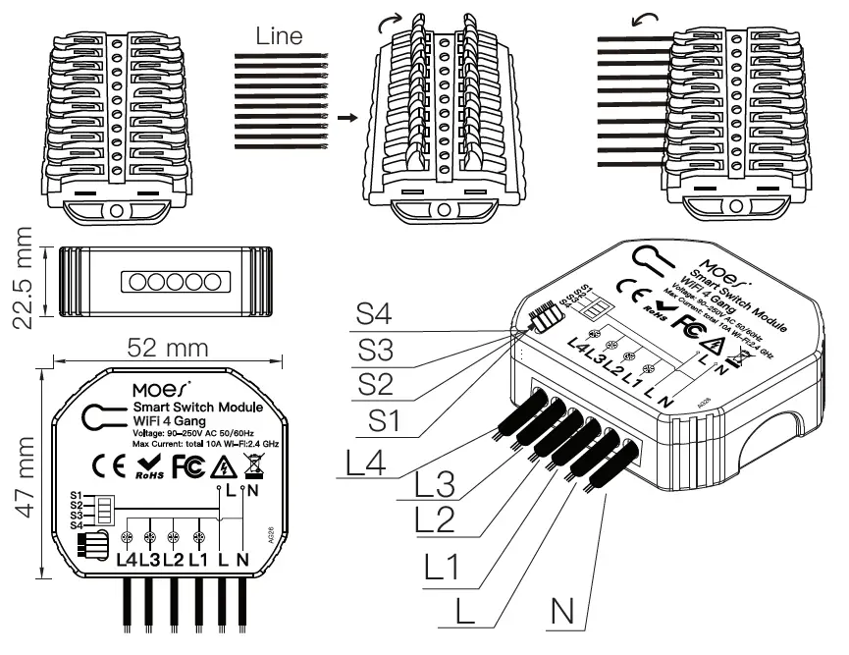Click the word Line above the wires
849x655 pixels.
tap(280, 37)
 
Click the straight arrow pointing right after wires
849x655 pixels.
tap(345, 116)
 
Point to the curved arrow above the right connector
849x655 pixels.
tap(616, 21)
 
